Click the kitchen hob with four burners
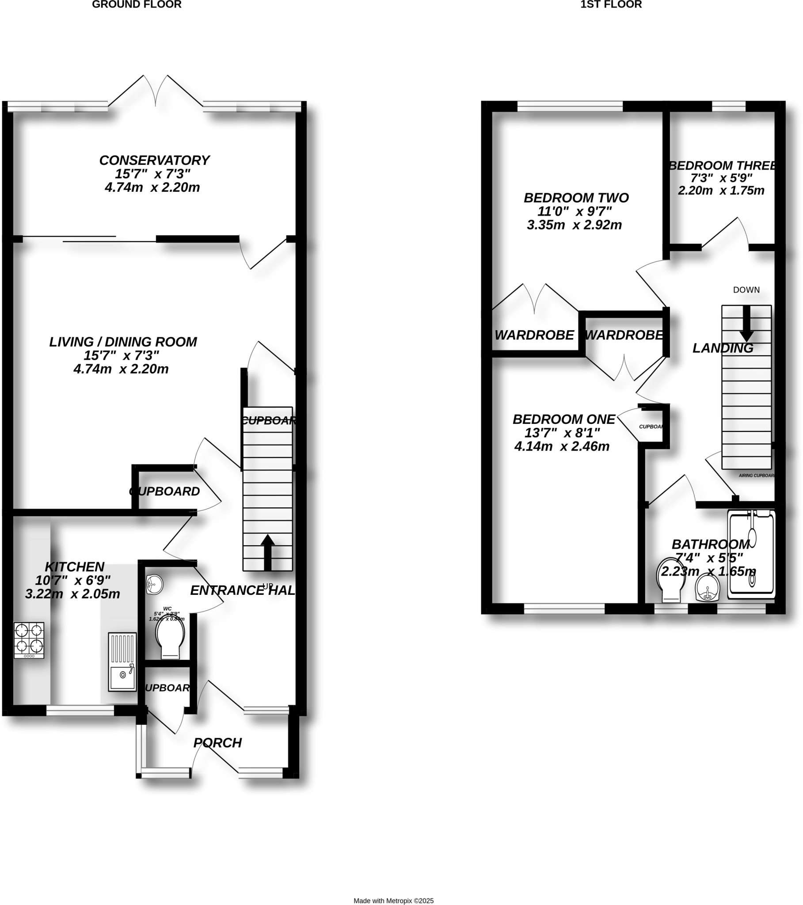(29, 640)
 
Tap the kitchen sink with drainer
(122, 662)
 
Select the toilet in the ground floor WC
(170, 637)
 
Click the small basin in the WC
(154, 585)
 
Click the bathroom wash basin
(708, 588)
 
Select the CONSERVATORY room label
(154, 160)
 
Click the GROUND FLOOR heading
(137, 5)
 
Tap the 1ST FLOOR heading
(611, 5)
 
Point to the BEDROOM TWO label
(576, 198)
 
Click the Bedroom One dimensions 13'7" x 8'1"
(562, 433)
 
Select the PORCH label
(217, 742)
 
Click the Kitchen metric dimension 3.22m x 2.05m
(72, 594)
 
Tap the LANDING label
(723, 349)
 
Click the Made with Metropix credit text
(393, 901)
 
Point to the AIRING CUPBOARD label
(757, 475)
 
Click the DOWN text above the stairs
(746, 290)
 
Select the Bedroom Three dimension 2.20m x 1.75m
(721, 191)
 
